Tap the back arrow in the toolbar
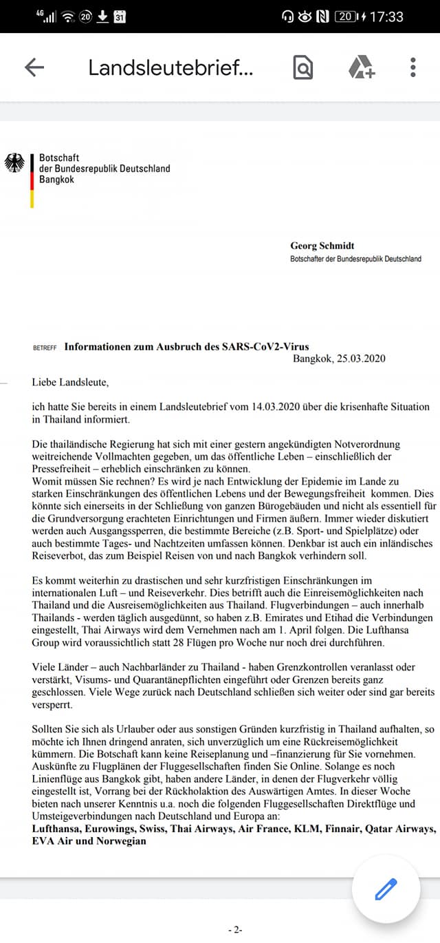coord(34,67)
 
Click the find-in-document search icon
coord(302,67)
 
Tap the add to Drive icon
coord(361,67)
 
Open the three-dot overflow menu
coord(413,67)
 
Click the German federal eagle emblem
coord(14,163)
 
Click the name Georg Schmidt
coord(322,246)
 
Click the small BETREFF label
coord(45,348)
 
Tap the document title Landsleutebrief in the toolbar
coord(170,67)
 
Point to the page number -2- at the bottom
coord(234,929)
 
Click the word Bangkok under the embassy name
coord(56,180)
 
